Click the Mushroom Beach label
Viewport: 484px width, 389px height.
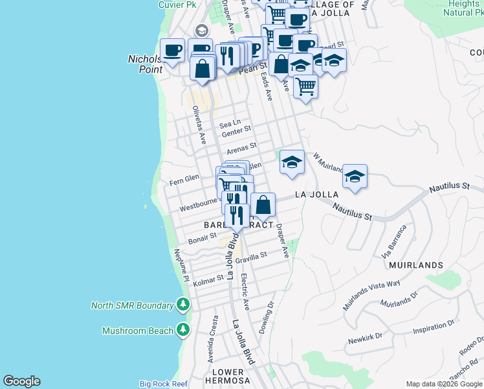137,331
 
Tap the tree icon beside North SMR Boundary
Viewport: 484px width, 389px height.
183,305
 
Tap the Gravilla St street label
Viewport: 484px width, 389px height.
251,257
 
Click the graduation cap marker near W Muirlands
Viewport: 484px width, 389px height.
355,176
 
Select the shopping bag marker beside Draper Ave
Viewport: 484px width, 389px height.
263,205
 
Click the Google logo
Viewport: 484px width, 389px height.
21,381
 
